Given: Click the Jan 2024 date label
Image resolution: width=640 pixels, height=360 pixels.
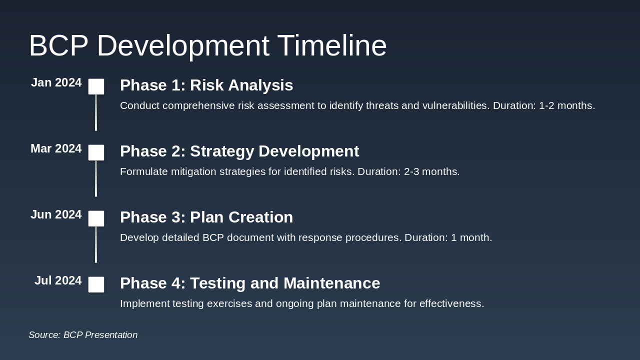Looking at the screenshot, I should coord(56,82).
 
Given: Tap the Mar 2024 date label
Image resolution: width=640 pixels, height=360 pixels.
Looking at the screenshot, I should coord(56,148).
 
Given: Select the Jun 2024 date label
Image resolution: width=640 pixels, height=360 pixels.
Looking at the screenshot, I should coord(56,214).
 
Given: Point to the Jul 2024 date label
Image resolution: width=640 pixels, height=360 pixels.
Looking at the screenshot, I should coord(58,280).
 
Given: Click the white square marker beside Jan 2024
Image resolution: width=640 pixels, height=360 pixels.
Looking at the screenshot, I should coord(96,86).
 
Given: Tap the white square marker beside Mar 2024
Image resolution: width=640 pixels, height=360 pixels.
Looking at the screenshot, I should coord(96,152).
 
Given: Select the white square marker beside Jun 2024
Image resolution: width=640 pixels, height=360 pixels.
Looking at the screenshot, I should coord(96,218).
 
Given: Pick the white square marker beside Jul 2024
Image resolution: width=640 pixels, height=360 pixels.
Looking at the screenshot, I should coord(96,284).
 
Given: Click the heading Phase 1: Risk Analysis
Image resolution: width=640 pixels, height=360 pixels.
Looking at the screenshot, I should coord(206,85).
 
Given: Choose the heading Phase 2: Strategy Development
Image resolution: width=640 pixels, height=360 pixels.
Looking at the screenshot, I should coord(239,151).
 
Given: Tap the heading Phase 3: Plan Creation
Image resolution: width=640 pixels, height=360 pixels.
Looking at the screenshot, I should coord(206,217).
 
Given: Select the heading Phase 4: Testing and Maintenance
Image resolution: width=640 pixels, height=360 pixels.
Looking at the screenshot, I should coord(250,283).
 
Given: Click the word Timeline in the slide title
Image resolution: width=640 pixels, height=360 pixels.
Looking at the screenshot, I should coord(332,45).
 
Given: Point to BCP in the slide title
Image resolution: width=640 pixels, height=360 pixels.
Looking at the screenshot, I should coord(58,45).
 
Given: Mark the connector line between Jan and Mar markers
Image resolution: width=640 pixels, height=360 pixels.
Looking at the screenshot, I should coord(96,112).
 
